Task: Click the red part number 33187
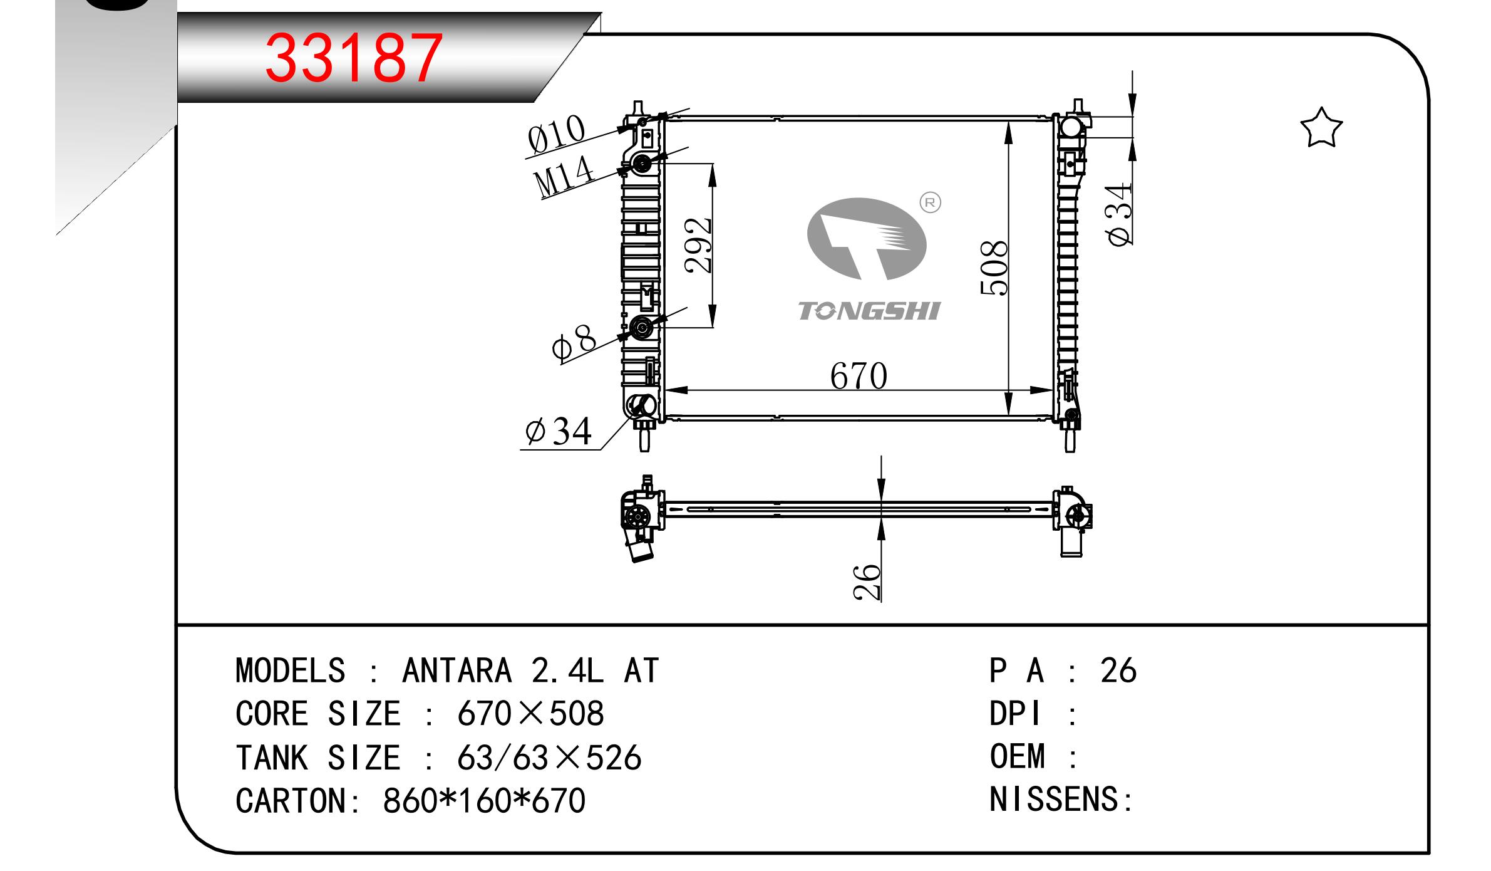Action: [354, 58]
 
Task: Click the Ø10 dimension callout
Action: [555, 134]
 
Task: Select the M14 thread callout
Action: [563, 177]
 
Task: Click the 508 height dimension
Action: [994, 268]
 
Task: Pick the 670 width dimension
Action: [859, 376]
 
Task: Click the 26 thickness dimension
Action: [867, 582]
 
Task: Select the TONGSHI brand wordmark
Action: [869, 311]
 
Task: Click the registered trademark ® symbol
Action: [930, 202]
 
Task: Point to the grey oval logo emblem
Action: [867, 239]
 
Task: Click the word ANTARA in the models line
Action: [457, 671]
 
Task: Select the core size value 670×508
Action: [531, 714]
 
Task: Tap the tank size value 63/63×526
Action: [550, 758]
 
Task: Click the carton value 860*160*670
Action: [484, 801]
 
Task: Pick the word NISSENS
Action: [1056, 800]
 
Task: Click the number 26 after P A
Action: [1118, 670]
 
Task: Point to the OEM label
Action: [1018, 756]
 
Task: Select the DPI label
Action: [1016, 714]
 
